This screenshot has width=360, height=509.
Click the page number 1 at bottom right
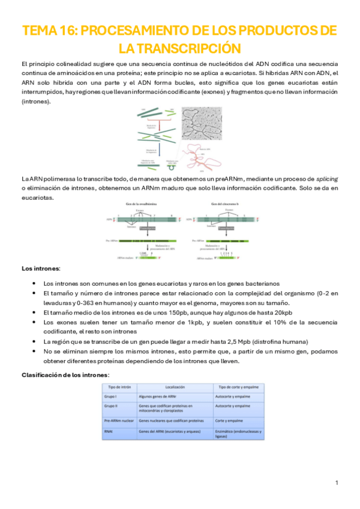click(x=337, y=483)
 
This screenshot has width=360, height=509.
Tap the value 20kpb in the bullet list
click(x=280, y=312)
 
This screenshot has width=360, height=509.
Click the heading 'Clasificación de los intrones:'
click(x=65, y=375)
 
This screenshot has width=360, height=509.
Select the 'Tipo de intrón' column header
click(x=120, y=387)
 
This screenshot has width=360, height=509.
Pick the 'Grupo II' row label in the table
click(x=112, y=406)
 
